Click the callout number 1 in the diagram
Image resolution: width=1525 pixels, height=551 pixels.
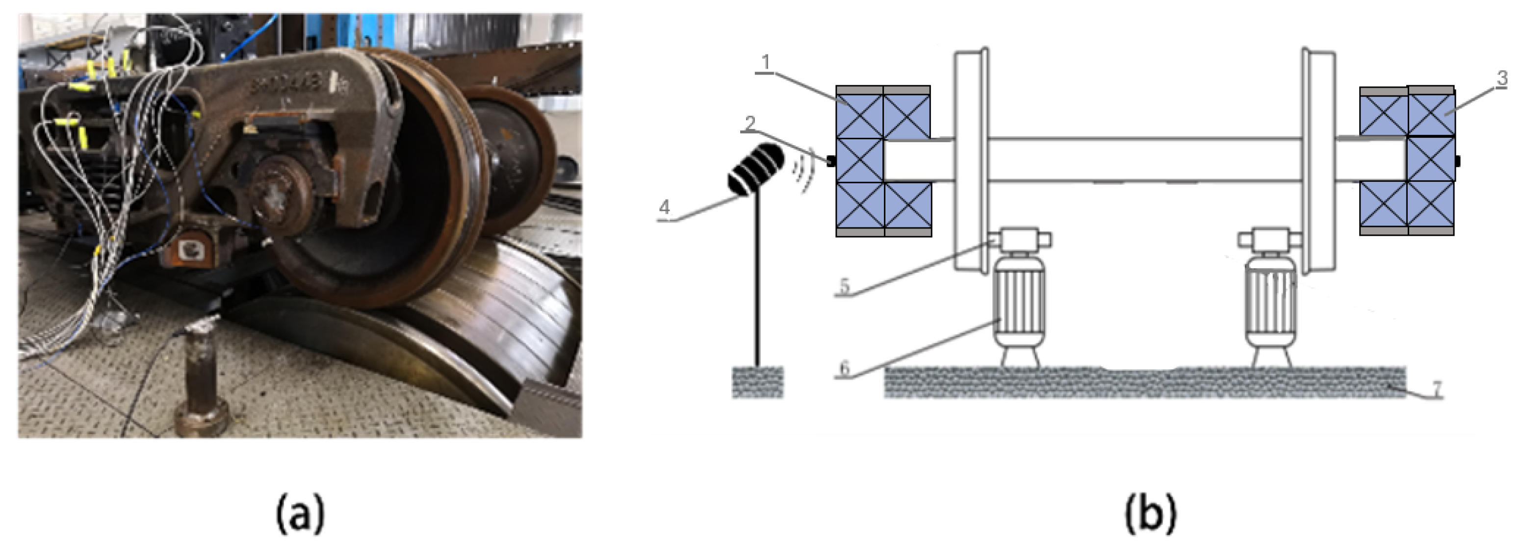(766, 63)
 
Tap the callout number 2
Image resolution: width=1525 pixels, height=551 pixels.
(750, 124)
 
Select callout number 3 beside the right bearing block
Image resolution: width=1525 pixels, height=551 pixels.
(1502, 78)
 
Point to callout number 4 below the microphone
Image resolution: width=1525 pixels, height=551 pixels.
(664, 208)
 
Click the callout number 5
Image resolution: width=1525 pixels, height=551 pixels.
(844, 286)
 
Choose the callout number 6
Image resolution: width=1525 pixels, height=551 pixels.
(844, 368)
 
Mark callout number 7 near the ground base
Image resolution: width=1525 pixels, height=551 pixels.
(1436, 388)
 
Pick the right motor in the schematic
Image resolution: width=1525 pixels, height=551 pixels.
(1270, 308)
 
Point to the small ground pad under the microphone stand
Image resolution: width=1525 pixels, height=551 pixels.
(757, 382)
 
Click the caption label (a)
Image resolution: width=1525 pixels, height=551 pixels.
(300, 514)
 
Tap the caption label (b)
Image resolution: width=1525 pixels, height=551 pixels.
(1150, 514)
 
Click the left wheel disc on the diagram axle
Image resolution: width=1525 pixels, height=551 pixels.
(971, 160)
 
